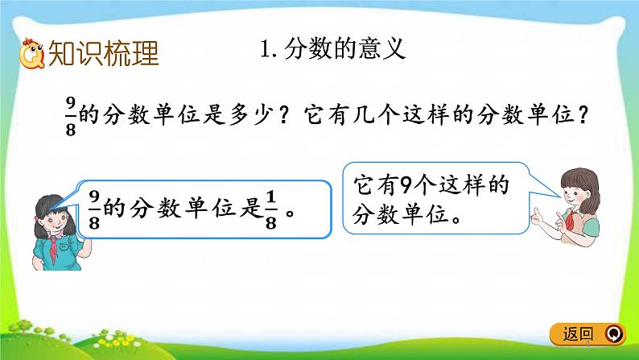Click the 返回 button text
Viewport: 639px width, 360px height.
point(579,333)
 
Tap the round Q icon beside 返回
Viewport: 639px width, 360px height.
point(613,333)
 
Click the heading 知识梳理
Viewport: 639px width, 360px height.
point(104,53)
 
